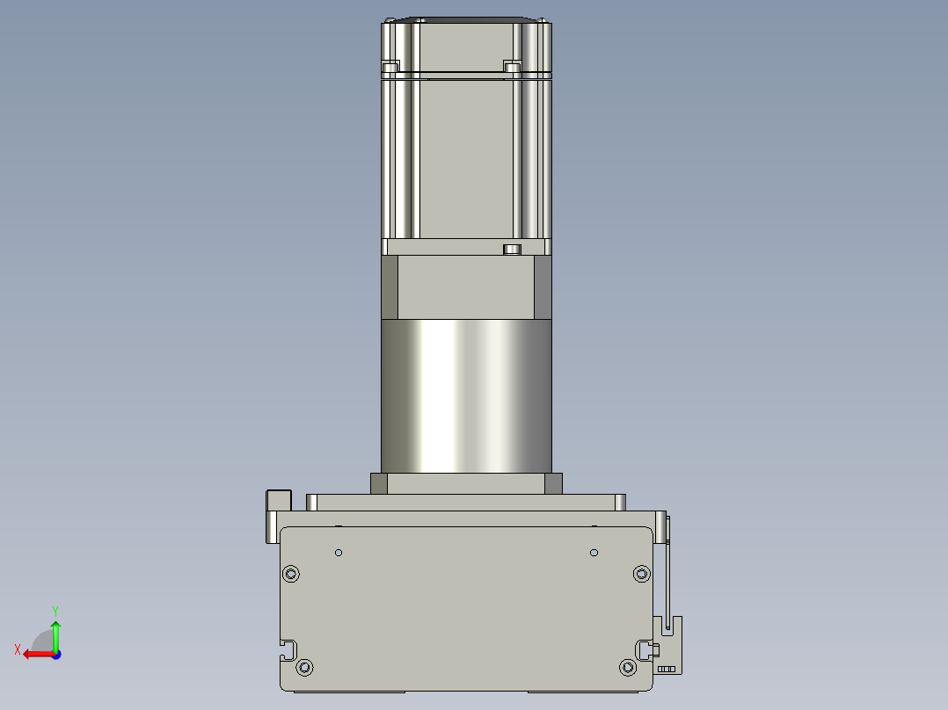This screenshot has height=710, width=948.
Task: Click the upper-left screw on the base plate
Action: [x=291, y=574]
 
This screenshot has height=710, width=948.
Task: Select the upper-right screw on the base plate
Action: [x=641, y=574]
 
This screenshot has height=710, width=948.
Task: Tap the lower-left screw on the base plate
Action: [x=304, y=668]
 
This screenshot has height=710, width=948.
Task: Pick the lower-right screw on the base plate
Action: [x=628, y=668]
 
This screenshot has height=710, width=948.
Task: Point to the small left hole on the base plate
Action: [x=339, y=553]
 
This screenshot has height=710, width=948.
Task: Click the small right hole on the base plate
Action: [x=594, y=553]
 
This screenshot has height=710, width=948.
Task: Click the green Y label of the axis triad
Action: [x=55, y=612]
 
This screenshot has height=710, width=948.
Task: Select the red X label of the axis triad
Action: [x=18, y=650]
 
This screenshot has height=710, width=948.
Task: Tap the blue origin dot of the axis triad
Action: [x=56, y=655]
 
